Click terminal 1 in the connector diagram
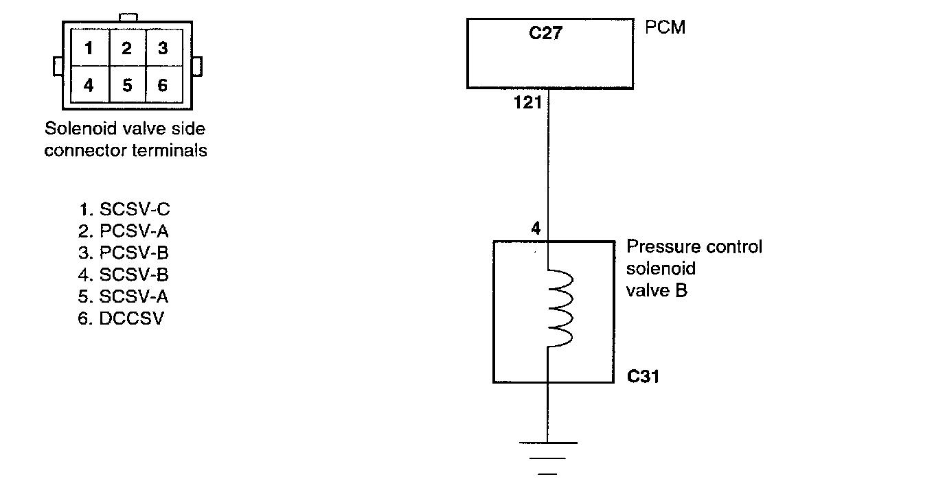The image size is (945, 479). point(89,49)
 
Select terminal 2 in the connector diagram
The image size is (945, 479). point(126,49)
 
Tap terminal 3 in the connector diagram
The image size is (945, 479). point(163,49)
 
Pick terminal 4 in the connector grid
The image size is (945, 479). point(89,85)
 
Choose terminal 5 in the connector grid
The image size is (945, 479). point(126,85)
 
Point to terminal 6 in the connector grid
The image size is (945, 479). point(163,85)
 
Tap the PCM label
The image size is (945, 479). point(665,28)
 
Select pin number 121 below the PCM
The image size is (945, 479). point(528,104)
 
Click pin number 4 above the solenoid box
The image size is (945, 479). point(536,229)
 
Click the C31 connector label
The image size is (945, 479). point(643,376)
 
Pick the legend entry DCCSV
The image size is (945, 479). point(122,318)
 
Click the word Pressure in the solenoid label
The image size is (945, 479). point(660,247)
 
